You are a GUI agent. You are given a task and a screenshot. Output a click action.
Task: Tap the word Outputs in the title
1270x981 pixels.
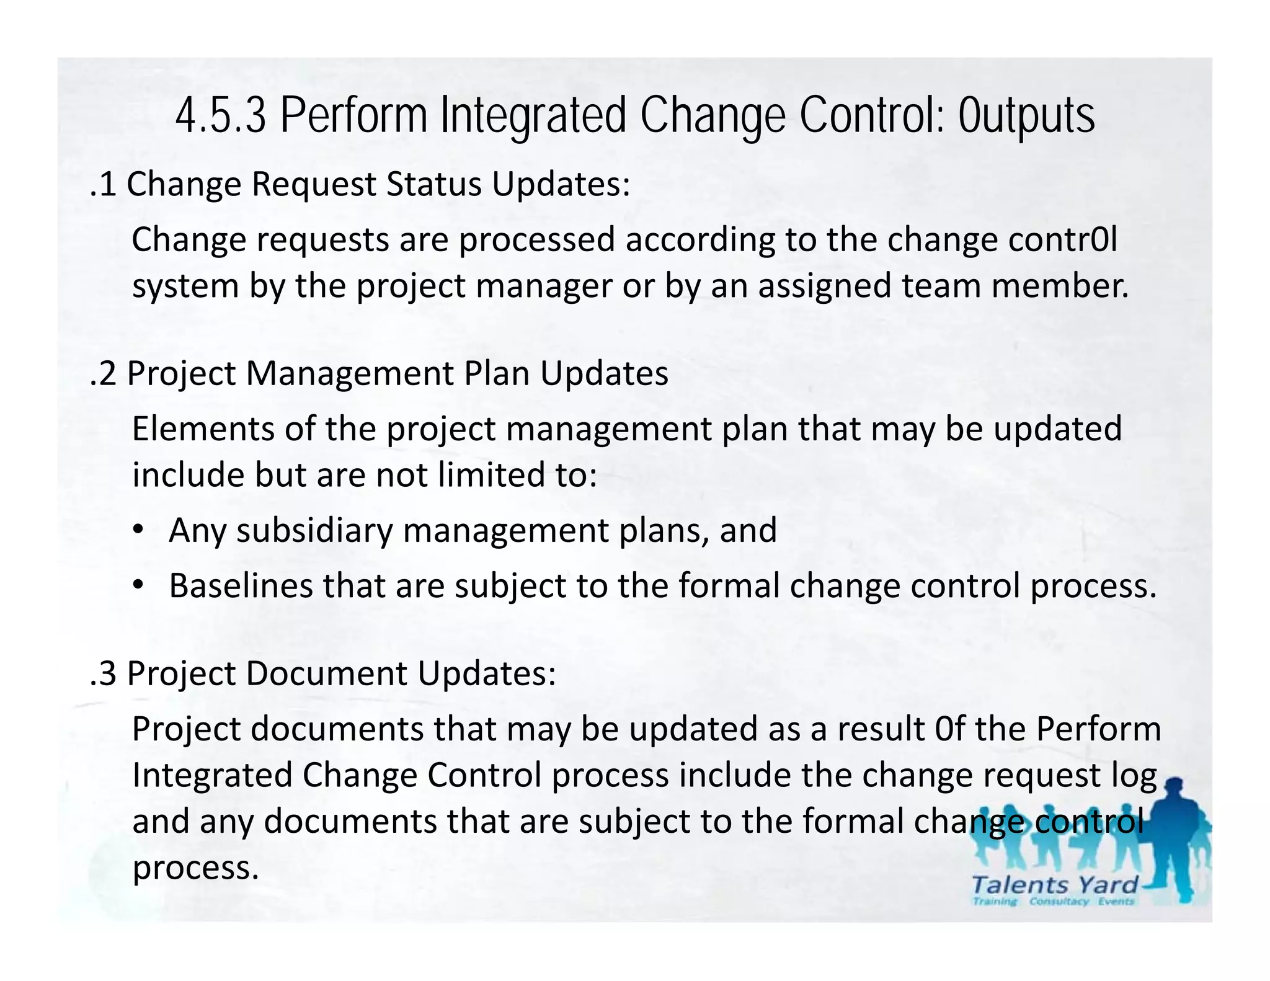[1026, 116]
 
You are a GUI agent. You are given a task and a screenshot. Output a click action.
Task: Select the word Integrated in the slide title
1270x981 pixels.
[533, 116]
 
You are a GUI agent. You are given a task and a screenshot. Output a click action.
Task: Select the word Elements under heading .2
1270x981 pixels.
[203, 429]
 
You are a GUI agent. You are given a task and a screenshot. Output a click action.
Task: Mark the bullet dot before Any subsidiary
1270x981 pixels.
[138, 530]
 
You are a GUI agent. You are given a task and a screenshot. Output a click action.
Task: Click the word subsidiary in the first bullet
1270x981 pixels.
[315, 531]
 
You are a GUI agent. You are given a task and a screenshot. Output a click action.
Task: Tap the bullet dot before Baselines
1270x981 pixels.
[138, 585]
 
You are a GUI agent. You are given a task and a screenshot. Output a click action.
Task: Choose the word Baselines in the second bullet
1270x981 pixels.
[241, 586]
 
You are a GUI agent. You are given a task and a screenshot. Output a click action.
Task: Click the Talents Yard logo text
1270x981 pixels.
[1054, 885]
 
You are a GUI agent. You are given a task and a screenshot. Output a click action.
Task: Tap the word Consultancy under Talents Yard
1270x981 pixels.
[1059, 902]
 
